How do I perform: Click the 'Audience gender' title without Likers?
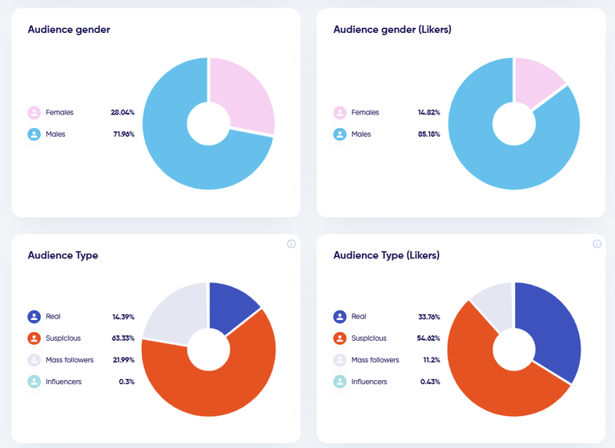coord(69,30)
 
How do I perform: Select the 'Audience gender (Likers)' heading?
coord(392,30)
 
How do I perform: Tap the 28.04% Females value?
coord(123,113)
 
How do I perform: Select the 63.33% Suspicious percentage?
coord(123,338)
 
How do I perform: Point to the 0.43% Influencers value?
coord(429,382)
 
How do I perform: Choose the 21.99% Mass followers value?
coord(123,360)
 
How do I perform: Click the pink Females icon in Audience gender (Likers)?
coord(340,113)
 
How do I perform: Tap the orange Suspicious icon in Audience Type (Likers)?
coord(340,338)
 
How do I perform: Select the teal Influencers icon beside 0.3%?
coord(34,382)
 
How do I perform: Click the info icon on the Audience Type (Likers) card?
coord(597,244)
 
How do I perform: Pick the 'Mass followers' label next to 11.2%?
coord(375,360)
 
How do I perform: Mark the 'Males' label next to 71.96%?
coord(55,134)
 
